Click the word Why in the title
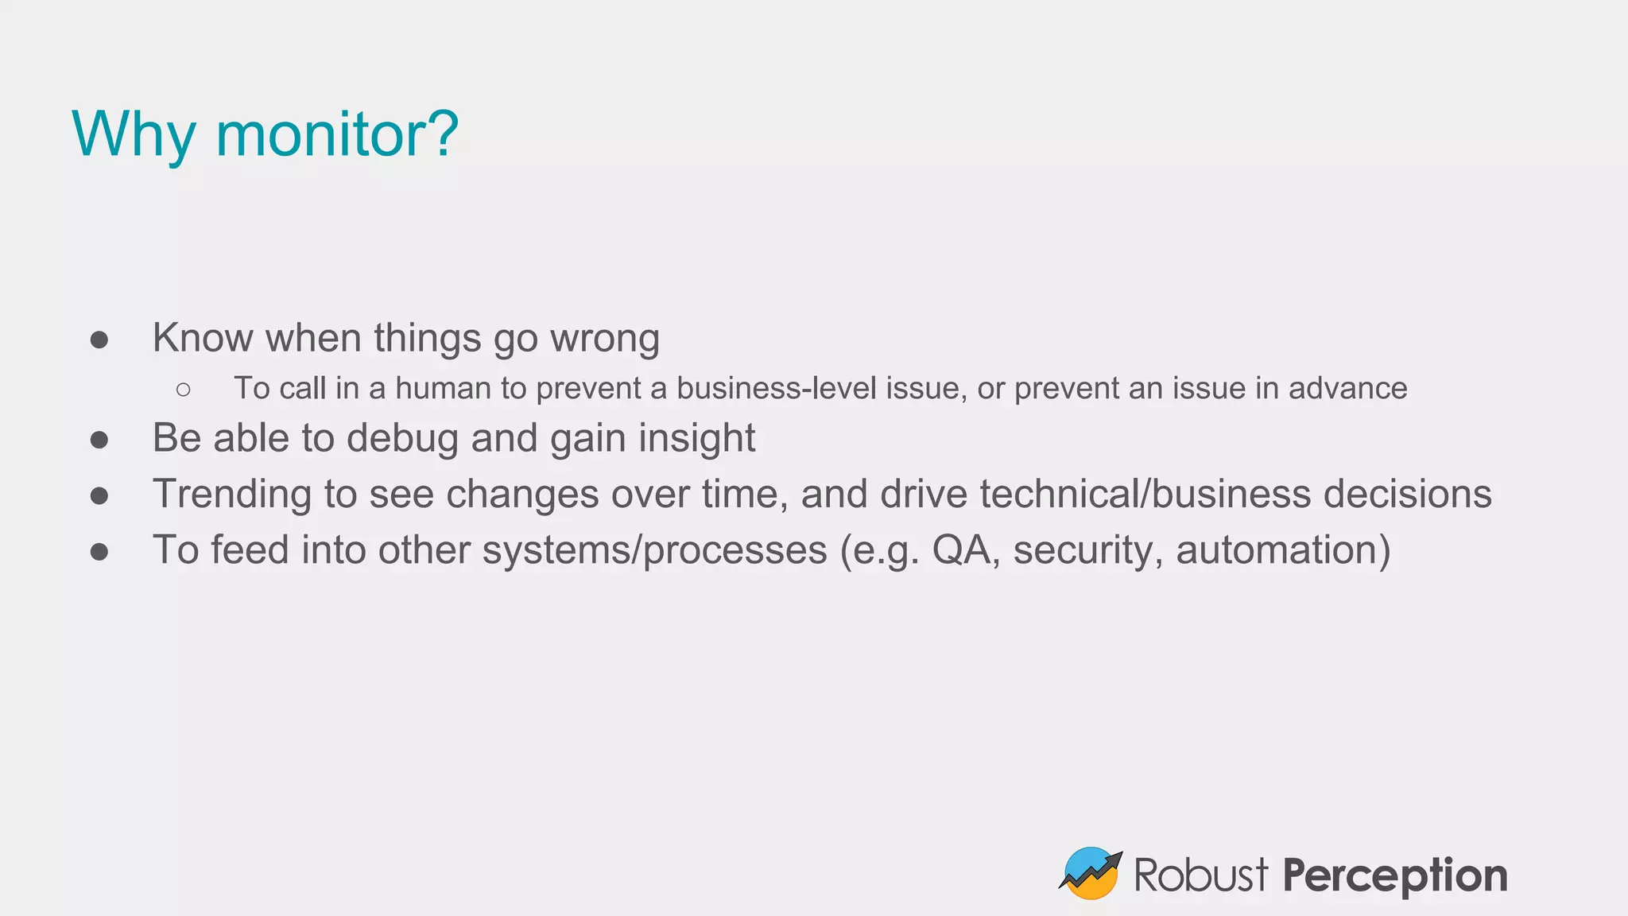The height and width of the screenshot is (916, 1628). click(x=134, y=134)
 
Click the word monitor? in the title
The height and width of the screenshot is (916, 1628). click(x=337, y=134)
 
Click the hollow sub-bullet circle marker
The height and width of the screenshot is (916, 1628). click(x=184, y=389)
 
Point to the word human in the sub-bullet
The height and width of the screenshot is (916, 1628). click(x=443, y=388)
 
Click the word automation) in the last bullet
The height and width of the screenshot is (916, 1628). click(x=1283, y=550)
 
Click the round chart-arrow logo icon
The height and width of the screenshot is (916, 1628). click(x=1091, y=873)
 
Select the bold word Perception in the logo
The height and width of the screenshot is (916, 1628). click(x=1395, y=875)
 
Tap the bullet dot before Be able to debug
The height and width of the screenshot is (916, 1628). click(x=99, y=440)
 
